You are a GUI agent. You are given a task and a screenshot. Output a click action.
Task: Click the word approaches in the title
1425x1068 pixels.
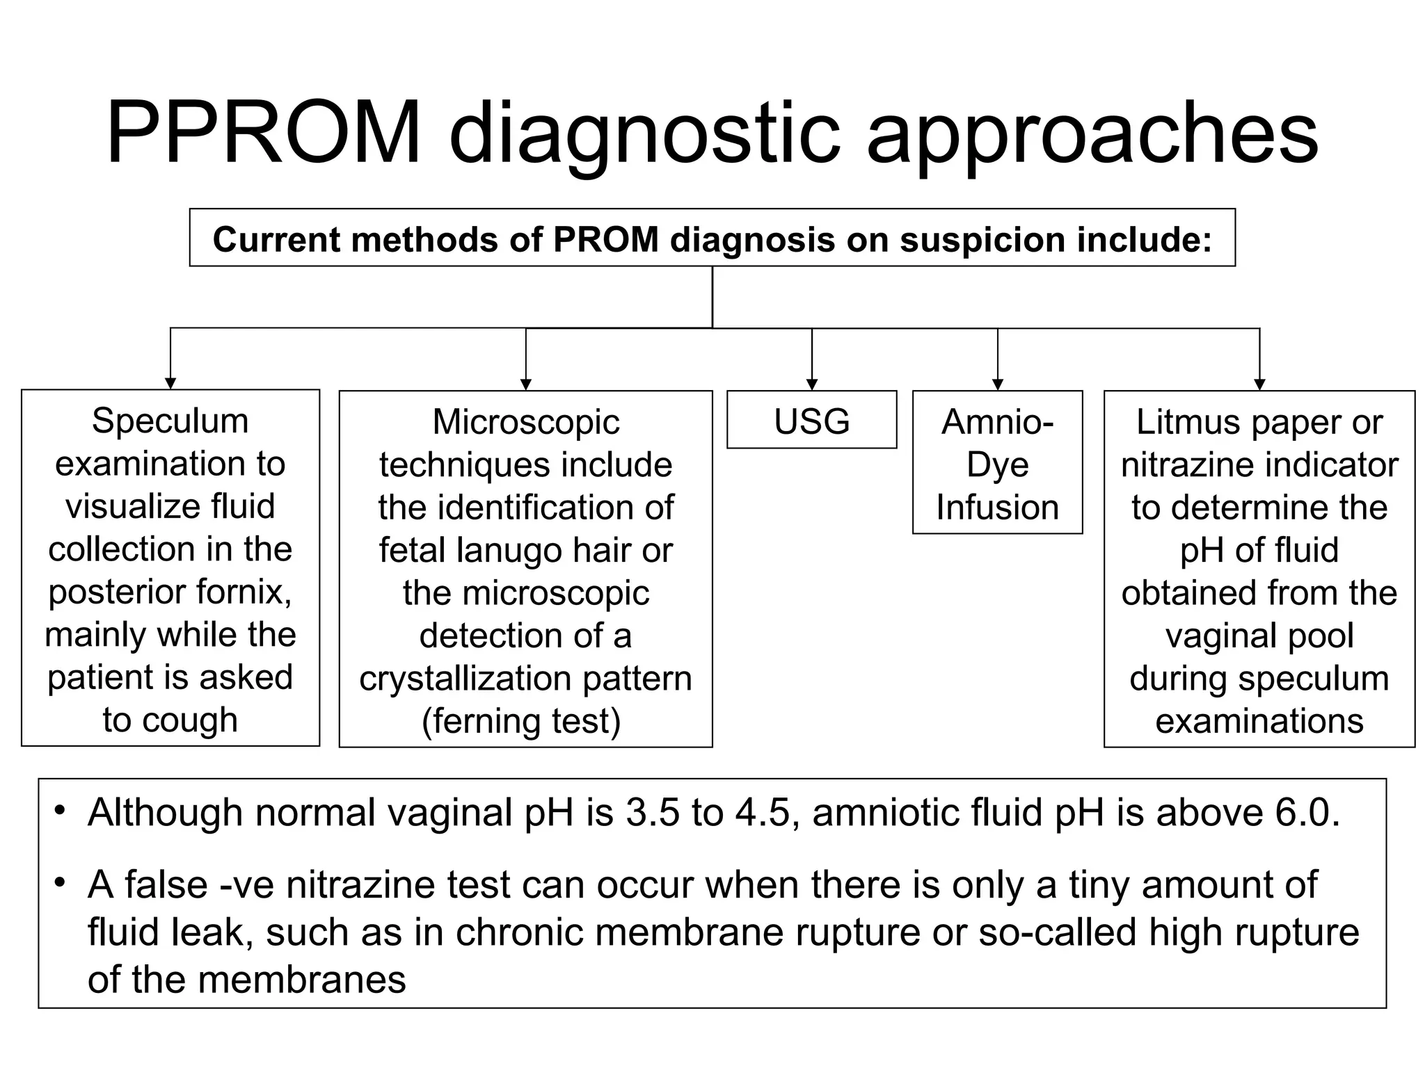pyautogui.click(x=1092, y=136)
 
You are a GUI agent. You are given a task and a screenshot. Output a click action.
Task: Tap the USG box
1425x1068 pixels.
pyautogui.click(x=811, y=421)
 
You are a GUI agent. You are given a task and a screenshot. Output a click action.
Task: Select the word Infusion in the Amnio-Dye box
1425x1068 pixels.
pyautogui.click(x=997, y=507)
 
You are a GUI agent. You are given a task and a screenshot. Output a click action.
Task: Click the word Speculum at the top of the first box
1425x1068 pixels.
pyautogui.click(x=170, y=421)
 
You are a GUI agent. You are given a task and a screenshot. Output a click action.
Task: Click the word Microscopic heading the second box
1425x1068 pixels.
pyautogui.click(x=526, y=422)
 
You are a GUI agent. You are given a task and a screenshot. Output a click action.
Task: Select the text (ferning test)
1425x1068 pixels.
pyautogui.click(x=522, y=721)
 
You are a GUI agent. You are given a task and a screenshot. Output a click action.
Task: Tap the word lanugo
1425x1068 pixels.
pyautogui.click(x=509, y=550)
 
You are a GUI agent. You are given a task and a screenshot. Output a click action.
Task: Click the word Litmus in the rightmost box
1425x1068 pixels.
pyautogui.click(x=1176, y=422)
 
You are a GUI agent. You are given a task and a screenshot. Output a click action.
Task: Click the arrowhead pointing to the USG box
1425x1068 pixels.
pyautogui.click(x=811, y=385)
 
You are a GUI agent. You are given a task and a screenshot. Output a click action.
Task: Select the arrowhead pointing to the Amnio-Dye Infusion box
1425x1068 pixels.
pyautogui.click(x=997, y=385)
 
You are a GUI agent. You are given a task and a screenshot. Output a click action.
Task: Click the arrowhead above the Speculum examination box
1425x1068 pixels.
pyautogui.click(x=170, y=384)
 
